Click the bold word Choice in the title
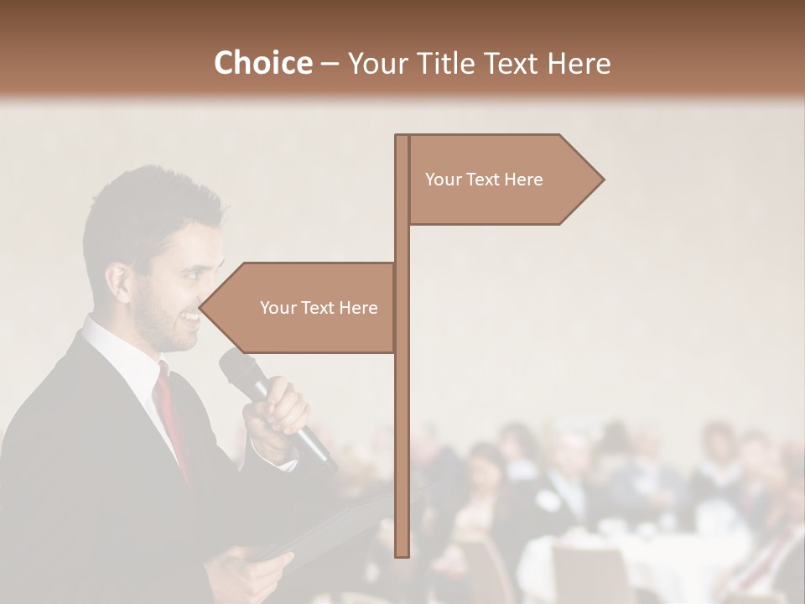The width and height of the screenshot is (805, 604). (262, 63)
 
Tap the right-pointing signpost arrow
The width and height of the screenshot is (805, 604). (503, 180)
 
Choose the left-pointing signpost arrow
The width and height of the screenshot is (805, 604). (298, 308)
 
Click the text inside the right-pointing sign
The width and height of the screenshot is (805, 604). (484, 180)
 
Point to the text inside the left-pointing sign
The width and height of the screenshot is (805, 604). (319, 308)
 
